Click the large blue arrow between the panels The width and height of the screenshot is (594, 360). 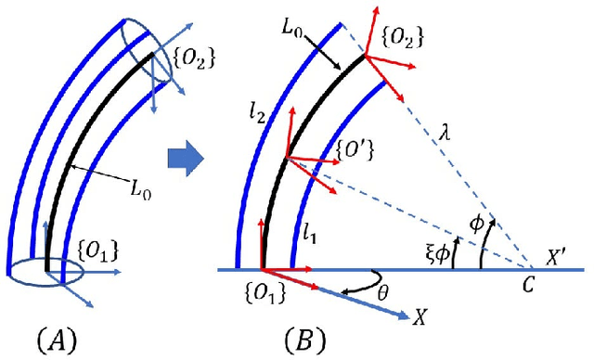(x=186, y=161)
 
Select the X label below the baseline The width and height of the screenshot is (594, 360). (x=420, y=319)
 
